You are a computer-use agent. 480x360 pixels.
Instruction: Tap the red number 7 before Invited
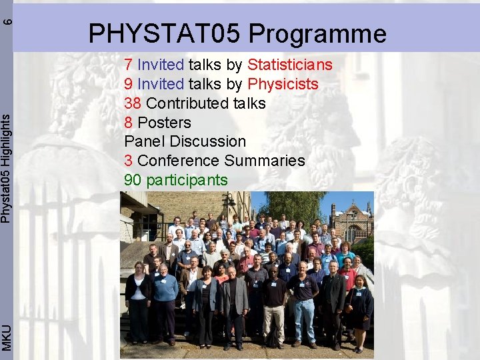tap(129, 65)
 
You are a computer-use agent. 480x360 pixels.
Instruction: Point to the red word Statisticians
tap(289, 65)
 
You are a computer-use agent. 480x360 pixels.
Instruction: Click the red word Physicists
tap(283, 84)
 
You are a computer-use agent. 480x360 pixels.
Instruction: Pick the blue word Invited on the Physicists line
tap(161, 84)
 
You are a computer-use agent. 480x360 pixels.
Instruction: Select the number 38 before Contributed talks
tap(133, 103)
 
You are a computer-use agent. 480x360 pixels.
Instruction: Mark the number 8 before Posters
tap(129, 123)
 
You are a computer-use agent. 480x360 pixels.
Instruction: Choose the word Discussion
tap(208, 141)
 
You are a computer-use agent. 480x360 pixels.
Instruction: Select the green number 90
tap(133, 180)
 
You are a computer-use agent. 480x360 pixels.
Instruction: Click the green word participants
tap(187, 180)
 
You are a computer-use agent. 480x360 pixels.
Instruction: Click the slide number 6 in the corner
tap(6, 20)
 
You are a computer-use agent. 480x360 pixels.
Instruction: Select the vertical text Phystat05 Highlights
tap(6, 167)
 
